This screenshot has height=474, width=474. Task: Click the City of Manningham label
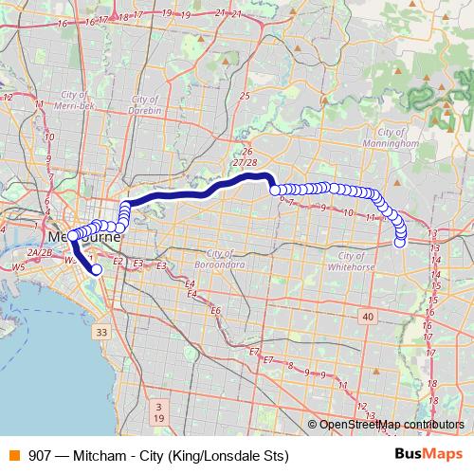point(397,138)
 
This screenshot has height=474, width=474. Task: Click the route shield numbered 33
point(101,332)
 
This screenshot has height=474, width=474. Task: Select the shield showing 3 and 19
point(158,411)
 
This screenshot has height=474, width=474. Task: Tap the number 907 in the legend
point(42,456)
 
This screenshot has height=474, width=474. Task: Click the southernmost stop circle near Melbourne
point(96,269)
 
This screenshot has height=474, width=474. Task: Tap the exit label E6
point(215,310)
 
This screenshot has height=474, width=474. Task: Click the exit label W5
point(18,267)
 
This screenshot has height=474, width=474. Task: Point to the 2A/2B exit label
point(39,253)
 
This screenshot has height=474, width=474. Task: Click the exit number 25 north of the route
point(245,96)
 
